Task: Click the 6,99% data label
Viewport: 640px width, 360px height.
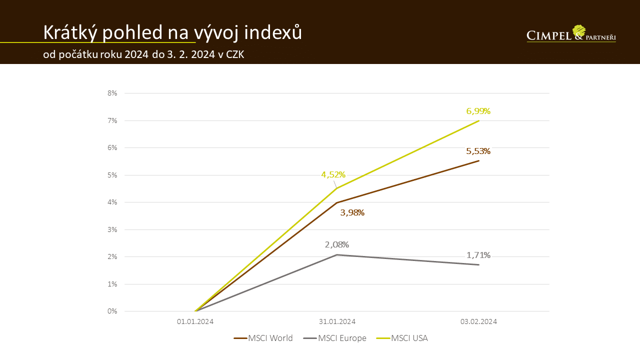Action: click(x=478, y=111)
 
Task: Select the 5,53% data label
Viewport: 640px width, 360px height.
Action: click(x=478, y=151)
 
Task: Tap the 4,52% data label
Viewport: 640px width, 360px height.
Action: click(x=333, y=174)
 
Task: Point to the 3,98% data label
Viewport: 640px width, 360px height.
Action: click(x=352, y=212)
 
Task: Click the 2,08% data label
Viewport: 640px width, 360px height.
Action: click(x=336, y=244)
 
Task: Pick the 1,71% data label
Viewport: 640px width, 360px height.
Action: click(x=478, y=255)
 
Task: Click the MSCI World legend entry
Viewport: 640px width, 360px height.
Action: click(x=263, y=338)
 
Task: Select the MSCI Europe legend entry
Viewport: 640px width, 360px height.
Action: click(x=334, y=338)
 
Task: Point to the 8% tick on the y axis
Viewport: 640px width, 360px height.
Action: click(x=111, y=93)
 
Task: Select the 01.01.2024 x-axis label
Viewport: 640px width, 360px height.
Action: click(x=195, y=321)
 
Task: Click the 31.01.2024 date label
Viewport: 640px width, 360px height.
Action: click(x=337, y=321)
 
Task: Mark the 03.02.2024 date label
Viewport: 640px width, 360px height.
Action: click(x=478, y=321)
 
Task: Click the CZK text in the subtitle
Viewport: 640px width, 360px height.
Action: click(x=235, y=54)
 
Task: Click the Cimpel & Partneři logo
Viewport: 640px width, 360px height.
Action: click(x=571, y=34)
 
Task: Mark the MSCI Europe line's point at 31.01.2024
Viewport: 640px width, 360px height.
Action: click(x=337, y=255)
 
